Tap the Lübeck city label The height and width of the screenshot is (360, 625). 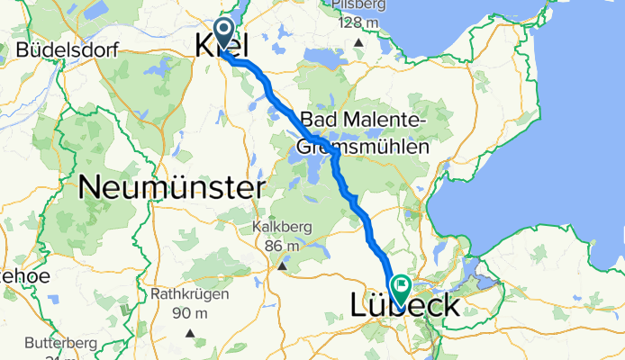(403, 306)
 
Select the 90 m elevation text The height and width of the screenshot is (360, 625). (192, 312)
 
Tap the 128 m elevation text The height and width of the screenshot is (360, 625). (359, 22)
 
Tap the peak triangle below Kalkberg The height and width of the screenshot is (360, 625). (283, 265)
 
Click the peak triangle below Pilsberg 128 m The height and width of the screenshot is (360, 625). (359, 42)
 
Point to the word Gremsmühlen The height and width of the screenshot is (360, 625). (360, 145)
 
